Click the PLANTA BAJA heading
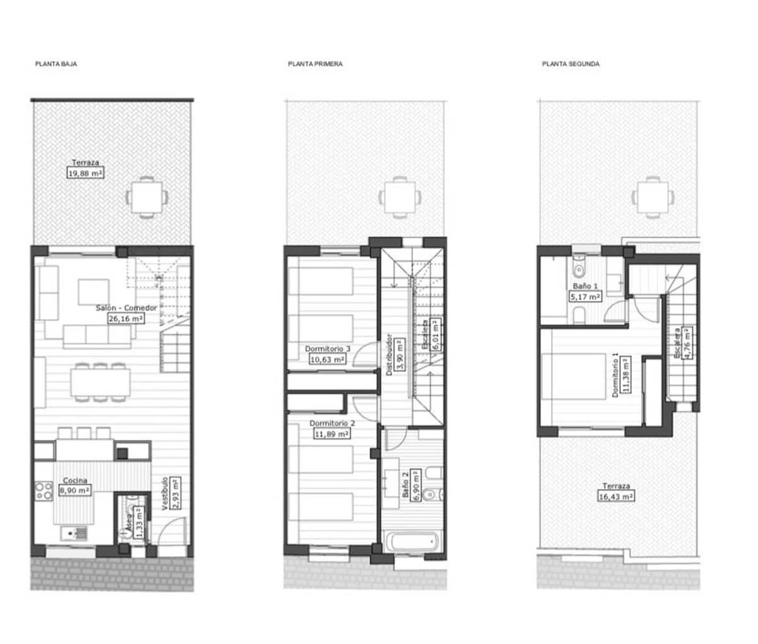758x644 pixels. [x=56, y=64]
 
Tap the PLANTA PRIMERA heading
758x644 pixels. [x=315, y=64]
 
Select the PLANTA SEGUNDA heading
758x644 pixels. [x=570, y=64]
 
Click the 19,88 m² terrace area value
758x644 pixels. [x=85, y=173]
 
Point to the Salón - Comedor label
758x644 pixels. [x=126, y=308]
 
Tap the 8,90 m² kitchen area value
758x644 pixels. [x=75, y=490]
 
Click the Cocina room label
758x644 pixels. [x=75, y=480]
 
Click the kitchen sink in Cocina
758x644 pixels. [x=75, y=534]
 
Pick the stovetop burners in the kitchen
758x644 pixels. [x=44, y=492]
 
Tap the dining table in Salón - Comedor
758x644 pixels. [x=100, y=382]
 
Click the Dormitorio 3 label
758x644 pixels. [x=328, y=349]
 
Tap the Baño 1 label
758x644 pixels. [x=584, y=286]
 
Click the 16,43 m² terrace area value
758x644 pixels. [x=615, y=497]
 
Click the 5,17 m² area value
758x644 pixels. [x=585, y=296]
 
